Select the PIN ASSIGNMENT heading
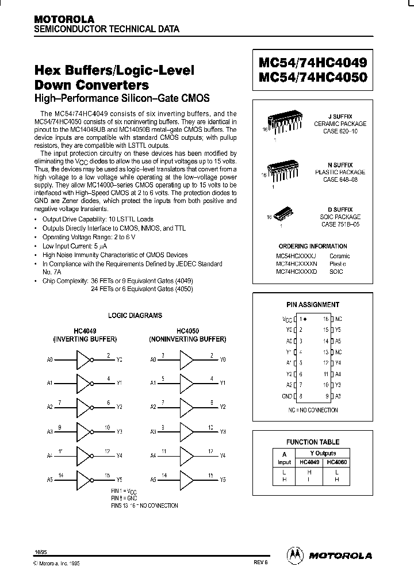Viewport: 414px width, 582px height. (x=313, y=305)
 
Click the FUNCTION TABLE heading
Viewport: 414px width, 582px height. (x=313, y=442)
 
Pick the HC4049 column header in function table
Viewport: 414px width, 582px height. (x=308, y=462)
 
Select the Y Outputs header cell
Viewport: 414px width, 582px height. (x=322, y=453)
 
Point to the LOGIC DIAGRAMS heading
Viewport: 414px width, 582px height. (x=135, y=315)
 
